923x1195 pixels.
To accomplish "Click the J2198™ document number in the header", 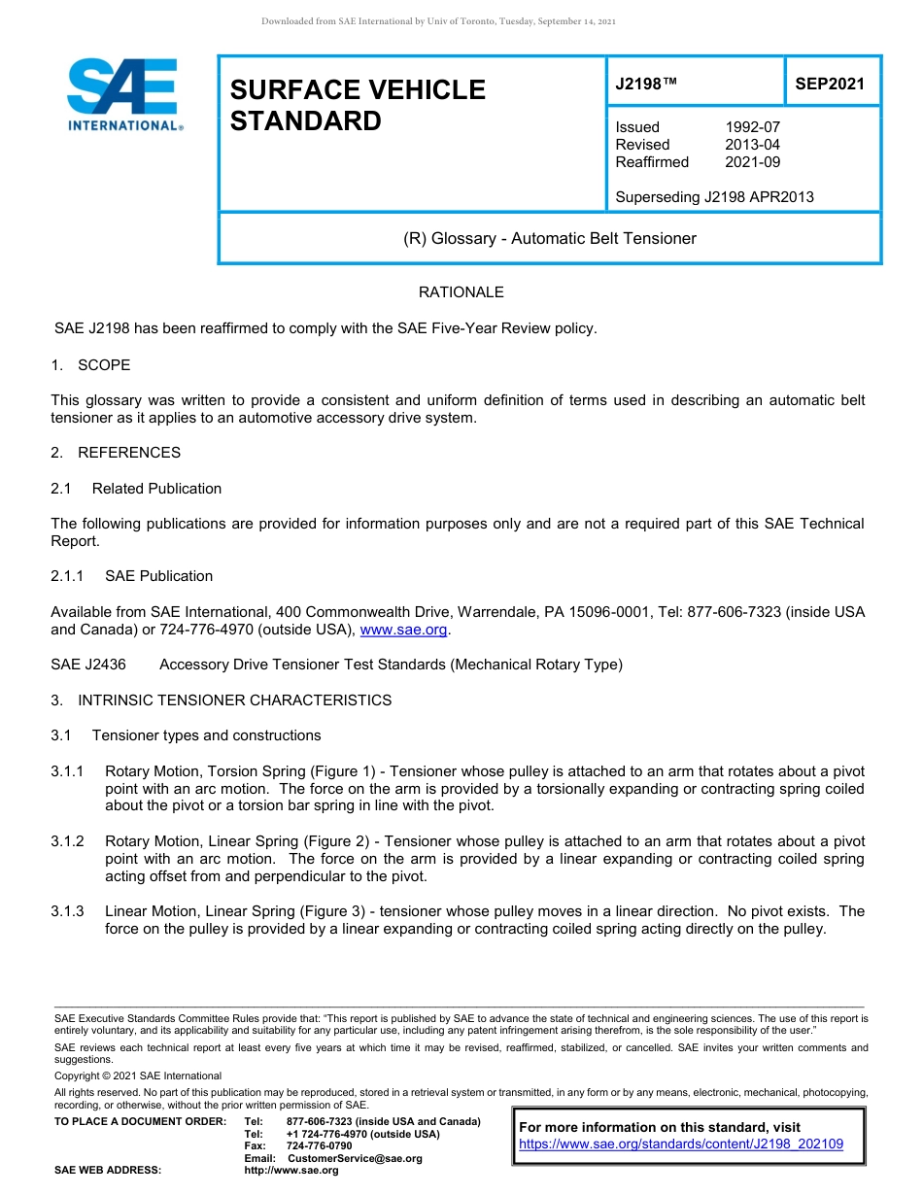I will click(645, 84).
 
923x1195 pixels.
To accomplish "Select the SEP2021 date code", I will click(829, 84).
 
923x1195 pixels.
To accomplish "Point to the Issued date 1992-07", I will click(752, 127).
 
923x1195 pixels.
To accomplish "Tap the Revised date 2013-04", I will click(752, 145).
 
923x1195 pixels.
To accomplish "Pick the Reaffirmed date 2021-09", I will click(752, 162).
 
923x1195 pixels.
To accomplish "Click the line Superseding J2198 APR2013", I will click(714, 197).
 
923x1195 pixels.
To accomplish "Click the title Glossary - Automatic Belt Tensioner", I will click(549, 238).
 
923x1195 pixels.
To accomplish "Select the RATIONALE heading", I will click(461, 292).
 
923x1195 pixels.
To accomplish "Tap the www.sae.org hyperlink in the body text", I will click(403, 631).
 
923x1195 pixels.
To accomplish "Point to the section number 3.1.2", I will click(68, 841).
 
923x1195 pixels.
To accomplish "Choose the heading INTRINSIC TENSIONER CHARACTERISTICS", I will click(234, 700).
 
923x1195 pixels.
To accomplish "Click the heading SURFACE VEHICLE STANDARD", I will click(357, 105).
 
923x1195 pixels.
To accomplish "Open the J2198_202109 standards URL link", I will click(681, 1144).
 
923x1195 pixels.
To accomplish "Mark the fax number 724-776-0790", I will click(320, 1146).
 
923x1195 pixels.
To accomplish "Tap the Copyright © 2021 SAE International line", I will click(138, 1075).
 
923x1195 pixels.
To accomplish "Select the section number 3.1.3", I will click(68, 911).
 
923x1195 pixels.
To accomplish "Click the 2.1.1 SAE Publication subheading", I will click(131, 576).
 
